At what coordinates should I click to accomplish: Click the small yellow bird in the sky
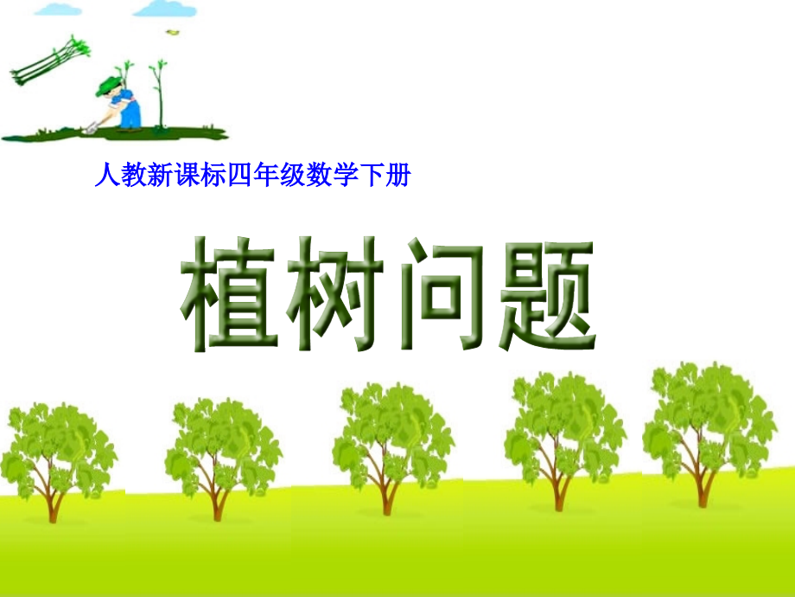[x=173, y=32]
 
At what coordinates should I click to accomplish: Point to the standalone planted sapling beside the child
[x=158, y=95]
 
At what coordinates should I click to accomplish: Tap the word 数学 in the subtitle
[x=330, y=178]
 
